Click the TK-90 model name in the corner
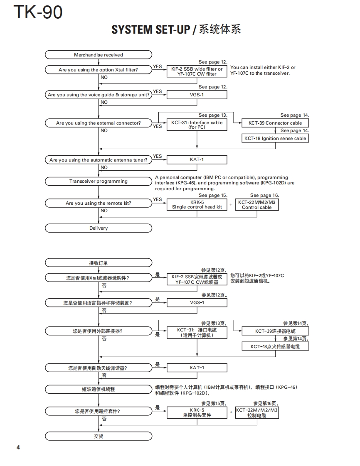coord(38,12)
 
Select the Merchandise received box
coord(99,55)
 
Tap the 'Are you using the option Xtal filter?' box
coord(99,70)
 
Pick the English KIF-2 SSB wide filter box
coord(197,71)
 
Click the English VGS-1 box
coord(197,95)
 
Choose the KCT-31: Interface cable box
coord(197,125)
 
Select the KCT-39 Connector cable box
coord(275,123)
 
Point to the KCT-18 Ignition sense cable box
coord(275,138)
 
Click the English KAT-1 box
coord(197,160)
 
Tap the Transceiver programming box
coord(99,181)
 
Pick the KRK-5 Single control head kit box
coord(197,205)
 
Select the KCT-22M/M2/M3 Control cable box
coord(256,205)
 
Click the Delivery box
coord(99,228)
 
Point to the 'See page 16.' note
coord(264,195)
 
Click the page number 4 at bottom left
coord(18,447)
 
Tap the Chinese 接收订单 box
coord(99,263)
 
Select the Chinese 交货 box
coord(99,437)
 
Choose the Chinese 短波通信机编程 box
coord(99,389)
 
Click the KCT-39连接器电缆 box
coord(275,331)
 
